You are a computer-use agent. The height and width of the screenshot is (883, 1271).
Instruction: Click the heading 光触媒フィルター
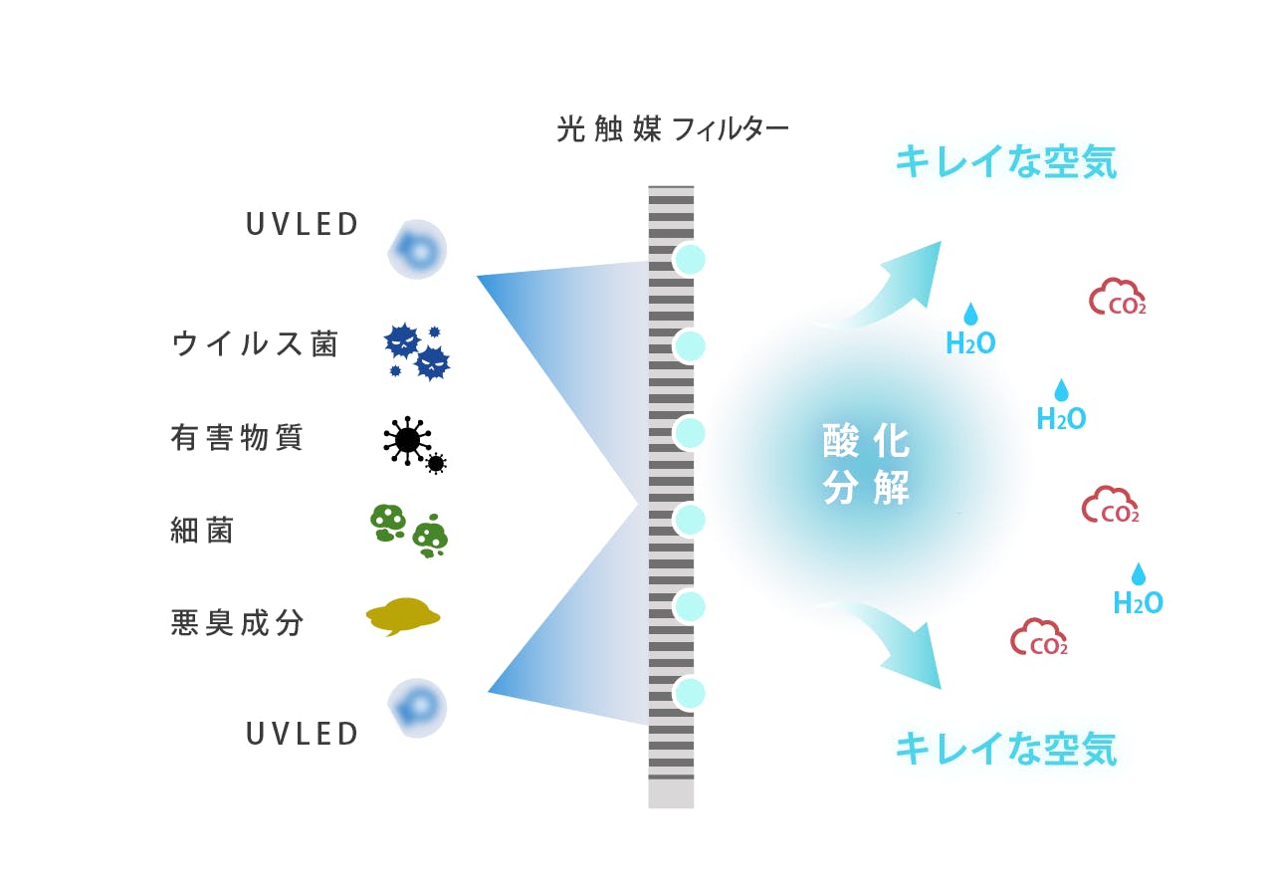673,129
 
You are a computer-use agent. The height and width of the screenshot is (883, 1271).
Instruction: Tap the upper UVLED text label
303,225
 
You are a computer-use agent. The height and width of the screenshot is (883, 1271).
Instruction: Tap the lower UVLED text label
303,735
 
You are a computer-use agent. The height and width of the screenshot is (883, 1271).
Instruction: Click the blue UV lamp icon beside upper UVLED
416,249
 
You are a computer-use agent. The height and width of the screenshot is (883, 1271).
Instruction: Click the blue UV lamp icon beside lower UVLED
416,708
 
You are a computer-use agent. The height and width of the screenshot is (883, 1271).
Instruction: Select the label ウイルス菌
255,344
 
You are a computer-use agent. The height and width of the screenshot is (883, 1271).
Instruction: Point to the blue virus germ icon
417,351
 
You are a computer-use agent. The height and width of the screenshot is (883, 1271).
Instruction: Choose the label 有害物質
237,437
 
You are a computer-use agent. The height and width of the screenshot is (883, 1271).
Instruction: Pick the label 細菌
202,531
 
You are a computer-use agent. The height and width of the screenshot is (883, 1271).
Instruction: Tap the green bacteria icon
409,530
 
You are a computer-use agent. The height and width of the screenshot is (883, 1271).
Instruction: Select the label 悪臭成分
237,623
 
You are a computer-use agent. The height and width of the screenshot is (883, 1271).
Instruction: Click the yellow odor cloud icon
403,616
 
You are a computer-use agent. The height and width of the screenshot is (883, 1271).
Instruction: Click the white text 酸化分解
866,465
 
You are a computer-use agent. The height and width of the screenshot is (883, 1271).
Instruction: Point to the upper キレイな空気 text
1005,161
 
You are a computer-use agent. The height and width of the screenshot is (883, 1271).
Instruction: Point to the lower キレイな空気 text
1005,749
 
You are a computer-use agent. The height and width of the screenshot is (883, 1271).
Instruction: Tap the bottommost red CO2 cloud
1039,639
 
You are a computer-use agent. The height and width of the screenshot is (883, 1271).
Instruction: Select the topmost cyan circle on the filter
689,259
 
